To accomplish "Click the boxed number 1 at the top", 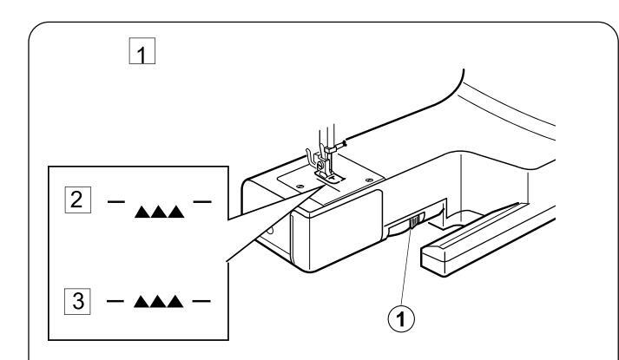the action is [142, 51].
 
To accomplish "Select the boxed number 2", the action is [78, 200].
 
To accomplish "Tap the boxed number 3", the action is [77, 301].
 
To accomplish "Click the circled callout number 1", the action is [401, 318].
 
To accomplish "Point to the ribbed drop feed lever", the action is [414, 222].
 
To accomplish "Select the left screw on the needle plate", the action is [300, 186].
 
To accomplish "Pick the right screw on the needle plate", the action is [369, 180].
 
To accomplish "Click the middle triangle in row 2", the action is [159, 212].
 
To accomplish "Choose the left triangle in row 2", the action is [142, 212].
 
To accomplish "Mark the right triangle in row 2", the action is [176, 212].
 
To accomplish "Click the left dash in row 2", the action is [116, 201].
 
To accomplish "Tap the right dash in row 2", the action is [202, 201].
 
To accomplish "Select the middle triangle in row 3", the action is [158, 302].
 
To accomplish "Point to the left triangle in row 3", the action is [142, 302].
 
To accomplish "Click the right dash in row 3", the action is [201, 301].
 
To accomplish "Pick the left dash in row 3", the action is [115, 301].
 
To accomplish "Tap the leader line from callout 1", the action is [406, 267].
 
